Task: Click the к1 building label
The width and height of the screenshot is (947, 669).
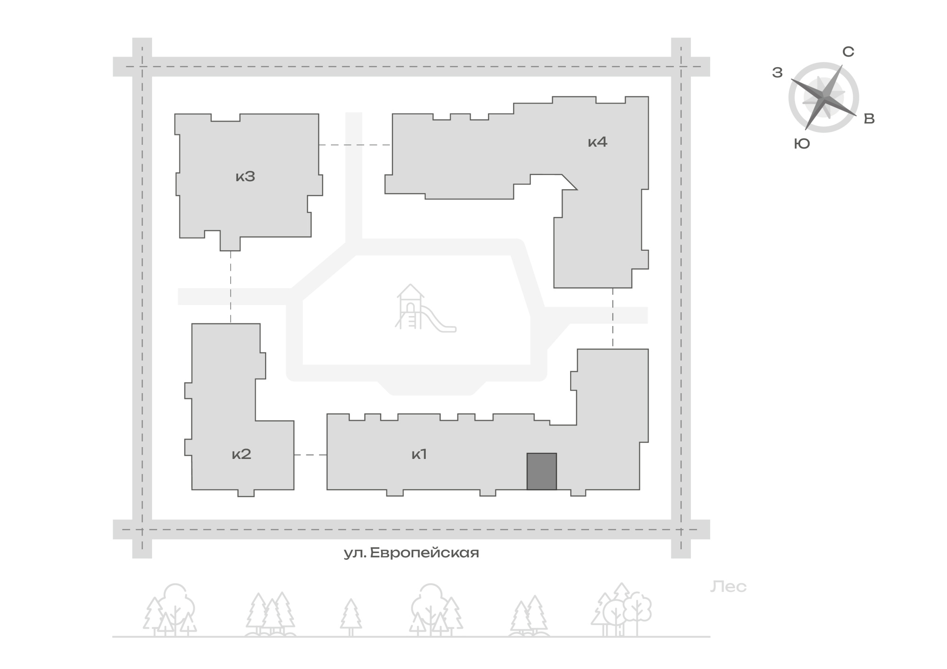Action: coord(419,454)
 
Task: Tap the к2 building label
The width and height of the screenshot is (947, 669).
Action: coord(241,454)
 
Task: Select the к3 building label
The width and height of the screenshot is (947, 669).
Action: coord(245,176)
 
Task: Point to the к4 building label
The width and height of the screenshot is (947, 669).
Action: coord(598,141)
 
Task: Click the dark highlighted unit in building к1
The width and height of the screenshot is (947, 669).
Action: coord(542,471)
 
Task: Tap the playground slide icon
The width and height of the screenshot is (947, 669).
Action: coord(425,307)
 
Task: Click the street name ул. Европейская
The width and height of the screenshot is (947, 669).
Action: coord(411,553)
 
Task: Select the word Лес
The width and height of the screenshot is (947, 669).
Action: coord(728,587)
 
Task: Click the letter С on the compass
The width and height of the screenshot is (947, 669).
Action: coord(848,52)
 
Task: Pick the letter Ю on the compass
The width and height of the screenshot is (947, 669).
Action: coord(802,144)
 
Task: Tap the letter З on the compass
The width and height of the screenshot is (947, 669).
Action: coord(777,73)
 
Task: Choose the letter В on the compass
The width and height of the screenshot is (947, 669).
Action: coord(869,119)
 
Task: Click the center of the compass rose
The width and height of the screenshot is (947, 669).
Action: coord(824,97)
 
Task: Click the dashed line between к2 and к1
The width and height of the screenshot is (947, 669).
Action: coord(310,455)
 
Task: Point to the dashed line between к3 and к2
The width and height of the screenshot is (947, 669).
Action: coord(231,287)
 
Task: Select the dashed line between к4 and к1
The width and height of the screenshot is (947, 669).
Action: coord(613,318)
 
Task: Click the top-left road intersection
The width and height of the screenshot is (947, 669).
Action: coord(142,67)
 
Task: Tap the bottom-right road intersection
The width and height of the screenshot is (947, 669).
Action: coord(681,529)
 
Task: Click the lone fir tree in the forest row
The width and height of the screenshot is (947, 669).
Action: coord(351,617)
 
